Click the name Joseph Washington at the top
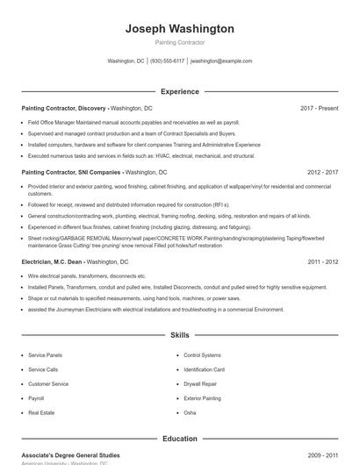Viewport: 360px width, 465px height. [179, 29]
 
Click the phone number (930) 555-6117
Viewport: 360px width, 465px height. [167, 61]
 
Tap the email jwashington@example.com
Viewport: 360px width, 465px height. [221, 61]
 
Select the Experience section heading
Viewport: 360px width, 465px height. [179, 91]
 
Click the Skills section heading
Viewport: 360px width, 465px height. [179, 335]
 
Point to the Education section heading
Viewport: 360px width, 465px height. [179, 438]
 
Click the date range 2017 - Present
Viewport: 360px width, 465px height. [319, 108]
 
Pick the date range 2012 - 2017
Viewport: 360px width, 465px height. [322, 173]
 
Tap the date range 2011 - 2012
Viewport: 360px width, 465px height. [322, 261]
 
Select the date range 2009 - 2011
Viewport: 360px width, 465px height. [322, 455]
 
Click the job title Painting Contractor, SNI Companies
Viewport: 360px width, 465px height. [71, 173]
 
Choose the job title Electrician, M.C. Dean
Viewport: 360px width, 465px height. [54, 261]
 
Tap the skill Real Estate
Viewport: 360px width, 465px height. [41, 411]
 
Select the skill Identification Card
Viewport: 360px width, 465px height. [205, 369]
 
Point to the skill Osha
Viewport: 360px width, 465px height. [190, 411]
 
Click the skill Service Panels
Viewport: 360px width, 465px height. [46, 355]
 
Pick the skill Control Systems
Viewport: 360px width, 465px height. [203, 355]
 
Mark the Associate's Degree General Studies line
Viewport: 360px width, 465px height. [70, 455]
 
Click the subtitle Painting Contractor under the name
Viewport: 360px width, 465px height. [179, 42]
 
